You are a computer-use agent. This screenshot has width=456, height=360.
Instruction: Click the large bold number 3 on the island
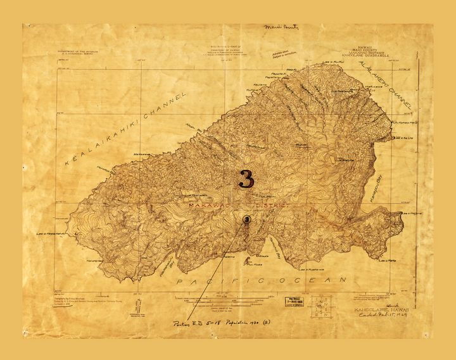(x=246, y=178)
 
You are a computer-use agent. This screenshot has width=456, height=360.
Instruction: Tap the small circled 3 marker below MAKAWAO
(x=246, y=219)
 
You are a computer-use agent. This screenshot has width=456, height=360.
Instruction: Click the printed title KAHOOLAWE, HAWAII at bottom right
(x=384, y=304)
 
